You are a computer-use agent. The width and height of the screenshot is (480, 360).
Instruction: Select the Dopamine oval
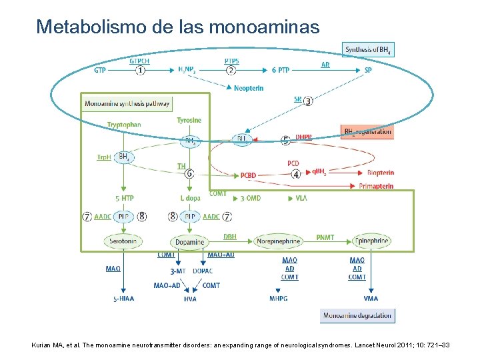click(x=190, y=241)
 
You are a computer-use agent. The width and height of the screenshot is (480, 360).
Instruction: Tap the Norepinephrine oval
click(x=277, y=241)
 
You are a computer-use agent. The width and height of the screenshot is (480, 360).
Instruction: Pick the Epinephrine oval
click(x=370, y=241)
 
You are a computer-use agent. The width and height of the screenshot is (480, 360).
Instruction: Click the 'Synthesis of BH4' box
click(x=369, y=50)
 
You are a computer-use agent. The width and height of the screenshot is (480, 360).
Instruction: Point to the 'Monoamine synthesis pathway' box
click(x=127, y=103)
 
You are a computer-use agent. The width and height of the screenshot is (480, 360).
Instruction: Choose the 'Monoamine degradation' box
click(x=357, y=315)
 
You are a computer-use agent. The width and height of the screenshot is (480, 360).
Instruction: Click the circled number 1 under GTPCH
click(x=140, y=70)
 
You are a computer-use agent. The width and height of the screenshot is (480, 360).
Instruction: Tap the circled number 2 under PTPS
click(x=231, y=70)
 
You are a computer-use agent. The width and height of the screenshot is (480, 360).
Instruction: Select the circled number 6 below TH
click(x=189, y=173)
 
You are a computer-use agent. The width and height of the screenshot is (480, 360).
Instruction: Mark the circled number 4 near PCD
click(x=296, y=174)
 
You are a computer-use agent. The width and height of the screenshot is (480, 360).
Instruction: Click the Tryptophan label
click(x=124, y=125)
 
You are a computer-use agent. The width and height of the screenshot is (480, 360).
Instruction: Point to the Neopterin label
click(x=248, y=88)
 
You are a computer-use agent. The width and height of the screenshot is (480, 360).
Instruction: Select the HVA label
click(x=190, y=299)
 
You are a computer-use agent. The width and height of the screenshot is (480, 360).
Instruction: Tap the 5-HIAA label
click(x=123, y=299)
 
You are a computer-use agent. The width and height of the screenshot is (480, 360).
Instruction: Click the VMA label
click(x=371, y=299)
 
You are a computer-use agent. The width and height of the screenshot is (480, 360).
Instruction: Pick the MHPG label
click(x=278, y=299)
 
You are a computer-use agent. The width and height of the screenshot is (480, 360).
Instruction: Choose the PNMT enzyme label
click(x=325, y=237)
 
